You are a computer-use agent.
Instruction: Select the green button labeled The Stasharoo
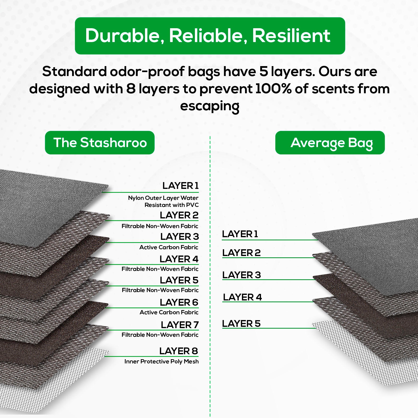100,143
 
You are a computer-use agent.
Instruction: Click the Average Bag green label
330,143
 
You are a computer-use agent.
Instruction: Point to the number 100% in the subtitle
273,89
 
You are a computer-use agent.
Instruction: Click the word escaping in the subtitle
210,106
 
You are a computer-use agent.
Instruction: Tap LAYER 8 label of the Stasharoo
179,351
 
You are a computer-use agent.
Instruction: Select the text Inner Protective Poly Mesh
161,362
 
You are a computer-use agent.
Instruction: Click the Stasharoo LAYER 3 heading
179,237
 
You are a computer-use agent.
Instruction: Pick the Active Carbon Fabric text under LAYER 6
169,312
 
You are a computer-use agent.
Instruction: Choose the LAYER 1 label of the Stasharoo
181,186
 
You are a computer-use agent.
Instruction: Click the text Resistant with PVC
172,205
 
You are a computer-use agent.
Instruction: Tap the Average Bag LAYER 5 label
241,324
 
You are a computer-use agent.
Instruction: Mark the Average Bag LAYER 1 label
240,234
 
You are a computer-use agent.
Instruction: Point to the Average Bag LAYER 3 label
242,275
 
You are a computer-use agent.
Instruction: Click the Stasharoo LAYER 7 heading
180,325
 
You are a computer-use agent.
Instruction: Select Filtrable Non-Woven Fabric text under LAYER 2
160,226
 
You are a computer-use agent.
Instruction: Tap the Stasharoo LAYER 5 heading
179,280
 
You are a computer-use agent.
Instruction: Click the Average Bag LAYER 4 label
242,297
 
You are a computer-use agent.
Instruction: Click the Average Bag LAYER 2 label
241,253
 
